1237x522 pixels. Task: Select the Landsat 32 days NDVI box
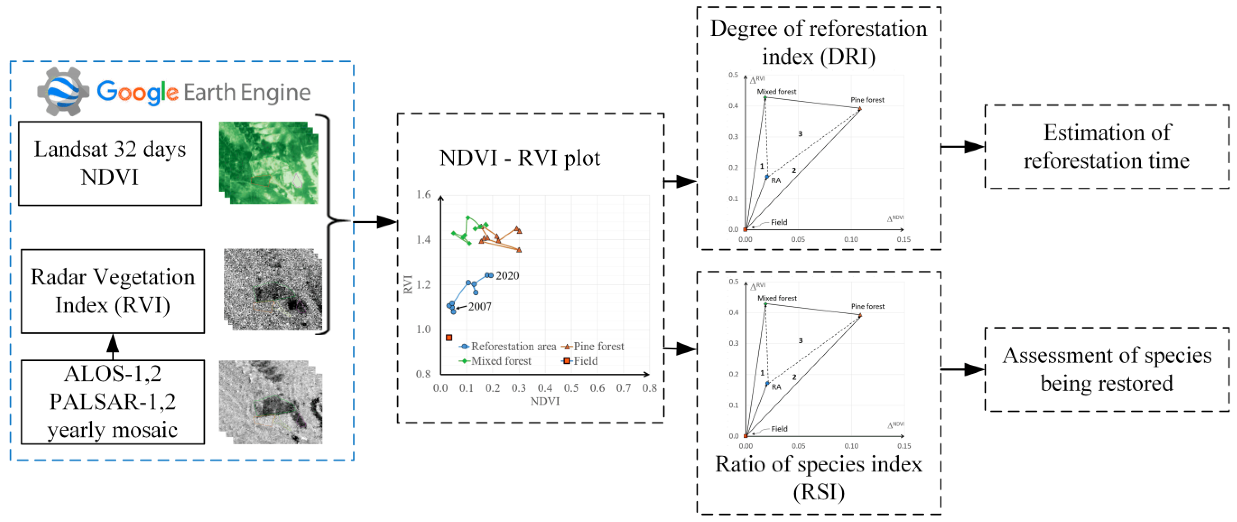pos(110,163)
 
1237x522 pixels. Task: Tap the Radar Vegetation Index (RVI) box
pos(112,291)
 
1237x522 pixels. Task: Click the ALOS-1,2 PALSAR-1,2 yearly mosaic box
pos(112,402)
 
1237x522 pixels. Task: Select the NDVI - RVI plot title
pos(520,158)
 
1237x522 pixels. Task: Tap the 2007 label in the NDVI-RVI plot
pos(480,306)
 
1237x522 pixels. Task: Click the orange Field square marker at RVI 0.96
pos(449,338)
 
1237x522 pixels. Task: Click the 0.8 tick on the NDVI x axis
pos(649,388)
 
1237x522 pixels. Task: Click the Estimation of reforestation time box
pos(1107,146)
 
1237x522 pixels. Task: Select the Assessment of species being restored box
pos(1107,369)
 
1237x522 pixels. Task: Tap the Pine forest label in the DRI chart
pos(867,100)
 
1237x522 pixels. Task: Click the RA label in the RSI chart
pos(776,387)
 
